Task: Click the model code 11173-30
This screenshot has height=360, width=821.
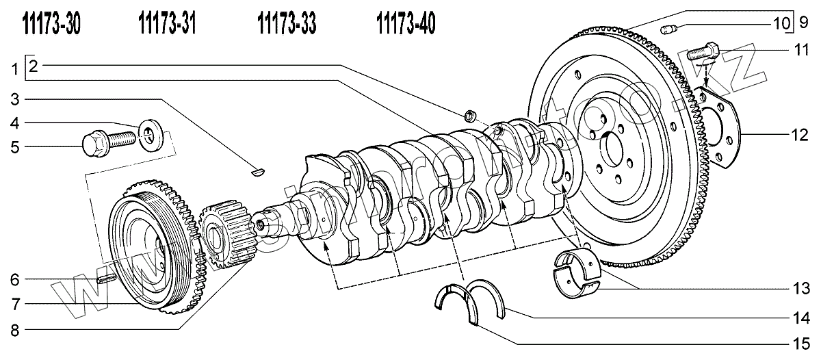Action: (51, 25)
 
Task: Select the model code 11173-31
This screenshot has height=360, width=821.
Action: (168, 25)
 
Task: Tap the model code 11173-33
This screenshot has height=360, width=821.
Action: (287, 25)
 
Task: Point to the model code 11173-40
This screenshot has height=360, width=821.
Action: (406, 25)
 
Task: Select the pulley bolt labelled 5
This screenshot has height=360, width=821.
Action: (103, 142)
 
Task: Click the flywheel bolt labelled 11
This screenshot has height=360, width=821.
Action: (701, 51)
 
